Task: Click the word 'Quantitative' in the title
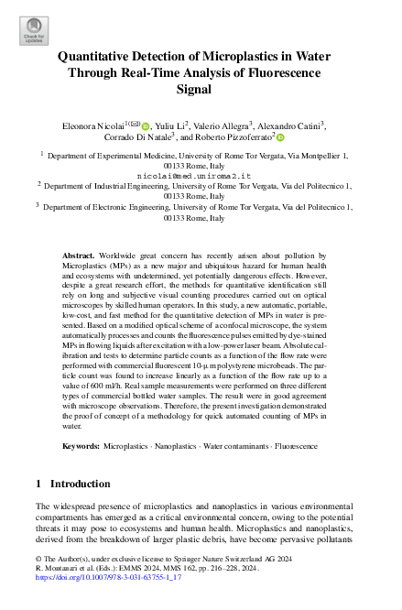[102, 57]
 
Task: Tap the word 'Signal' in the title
[201, 90]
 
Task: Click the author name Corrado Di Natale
[140, 138]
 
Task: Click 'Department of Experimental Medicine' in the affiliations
[101, 158]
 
